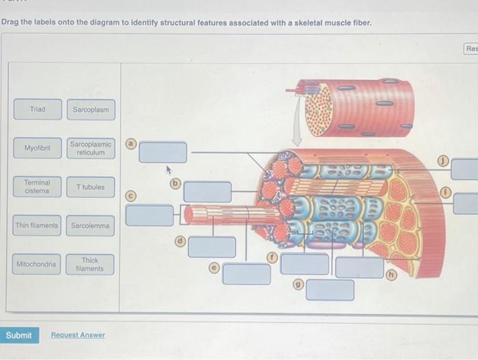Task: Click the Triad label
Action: [38, 109]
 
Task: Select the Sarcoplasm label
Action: [91, 109]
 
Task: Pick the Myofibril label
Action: [38, 148]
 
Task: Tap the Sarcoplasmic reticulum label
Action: [91, 148]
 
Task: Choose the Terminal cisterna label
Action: [38, 186]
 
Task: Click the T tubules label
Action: [91, 186]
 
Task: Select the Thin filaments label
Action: [38, 225]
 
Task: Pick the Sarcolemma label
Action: [91, 225]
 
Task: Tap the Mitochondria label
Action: [38, 264]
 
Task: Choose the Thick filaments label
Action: [91, 264]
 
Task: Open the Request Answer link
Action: [77, 335]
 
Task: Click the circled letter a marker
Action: [130, 144]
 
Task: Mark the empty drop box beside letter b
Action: [208, 192]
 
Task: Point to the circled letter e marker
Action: [213, 268]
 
